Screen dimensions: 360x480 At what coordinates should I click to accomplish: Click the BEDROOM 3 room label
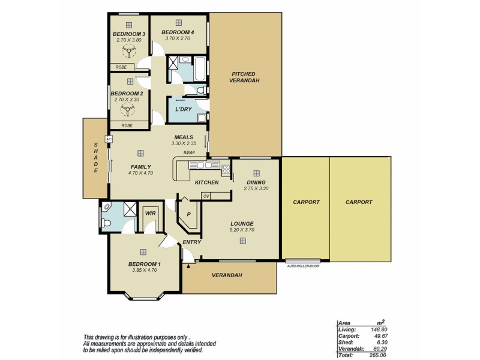pos(128,34)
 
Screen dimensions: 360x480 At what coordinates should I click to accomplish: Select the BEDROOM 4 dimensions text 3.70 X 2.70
pos(178,38)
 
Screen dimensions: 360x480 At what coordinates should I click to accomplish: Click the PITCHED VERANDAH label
pos(245,77)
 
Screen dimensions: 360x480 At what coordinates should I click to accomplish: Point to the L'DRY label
pos(182,110)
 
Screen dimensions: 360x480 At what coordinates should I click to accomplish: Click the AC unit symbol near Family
pos(109,139)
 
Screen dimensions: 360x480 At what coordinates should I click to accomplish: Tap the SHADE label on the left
pos(95,158)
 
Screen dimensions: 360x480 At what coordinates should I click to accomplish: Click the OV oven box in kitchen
pos(206,196)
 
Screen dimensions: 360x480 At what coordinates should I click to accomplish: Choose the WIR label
pos(149,213)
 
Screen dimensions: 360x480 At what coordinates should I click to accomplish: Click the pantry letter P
pos(188,214)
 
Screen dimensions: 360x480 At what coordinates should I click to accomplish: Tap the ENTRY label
pos(191,242)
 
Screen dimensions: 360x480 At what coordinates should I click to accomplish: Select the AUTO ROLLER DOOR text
pos(303,265)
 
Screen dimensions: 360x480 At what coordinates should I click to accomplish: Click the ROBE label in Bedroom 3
pos(121,67)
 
